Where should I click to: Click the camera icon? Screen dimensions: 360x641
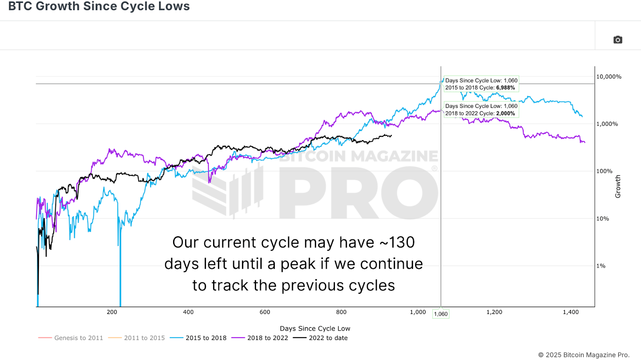click(618, 40)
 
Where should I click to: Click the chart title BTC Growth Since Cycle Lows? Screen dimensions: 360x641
click(99, 6)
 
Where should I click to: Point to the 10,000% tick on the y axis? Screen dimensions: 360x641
click(609, 76)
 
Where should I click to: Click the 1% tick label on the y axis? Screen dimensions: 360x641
click(601, 266)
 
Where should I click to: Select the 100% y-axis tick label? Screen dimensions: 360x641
click(604, 171)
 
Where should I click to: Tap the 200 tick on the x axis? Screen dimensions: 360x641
click(112, 312)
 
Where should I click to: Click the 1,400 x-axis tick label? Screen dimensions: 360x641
click(570, 312)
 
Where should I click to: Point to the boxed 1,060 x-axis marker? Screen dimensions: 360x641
click(441, 314)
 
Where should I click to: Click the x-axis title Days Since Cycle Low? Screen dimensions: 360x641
click(315, 328)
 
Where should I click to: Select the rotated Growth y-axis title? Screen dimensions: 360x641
click(618, 186)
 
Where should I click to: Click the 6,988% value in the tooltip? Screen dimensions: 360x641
click(505, 88)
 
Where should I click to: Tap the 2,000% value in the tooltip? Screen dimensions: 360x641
click(505, 113)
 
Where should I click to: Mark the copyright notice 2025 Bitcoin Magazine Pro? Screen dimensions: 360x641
click(584, 355)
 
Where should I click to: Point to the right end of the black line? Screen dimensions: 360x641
click(391, 136)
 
